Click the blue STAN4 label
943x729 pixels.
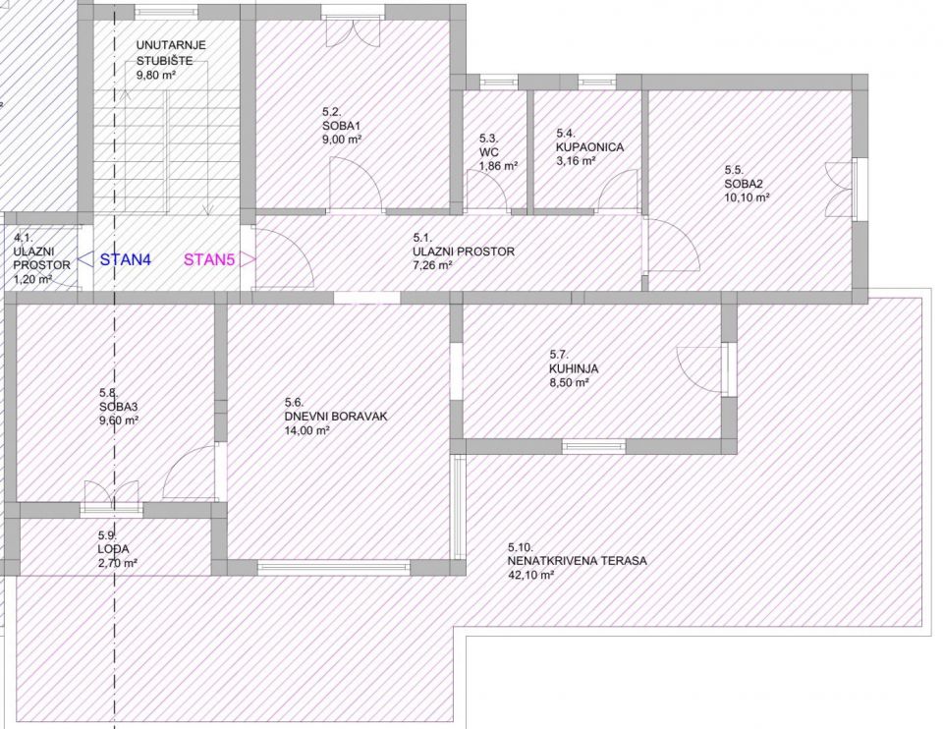[126, 259]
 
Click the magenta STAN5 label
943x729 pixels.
[209, 259]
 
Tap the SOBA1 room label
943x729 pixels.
[341, 126]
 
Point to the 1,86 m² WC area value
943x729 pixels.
[499, 166]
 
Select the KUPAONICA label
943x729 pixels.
[590, 146]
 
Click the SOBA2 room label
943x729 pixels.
[744, 184]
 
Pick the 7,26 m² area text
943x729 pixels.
[433, 265]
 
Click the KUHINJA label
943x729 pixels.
[573, 368]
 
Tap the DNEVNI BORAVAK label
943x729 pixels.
[336, 417]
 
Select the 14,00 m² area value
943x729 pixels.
[306, 430]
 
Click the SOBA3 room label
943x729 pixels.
[119, 407]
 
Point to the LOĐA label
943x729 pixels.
[113, 549]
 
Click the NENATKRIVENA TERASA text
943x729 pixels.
[578, 561]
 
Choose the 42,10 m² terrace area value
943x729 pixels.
[530, 575]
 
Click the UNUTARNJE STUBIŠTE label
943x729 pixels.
[171, 53]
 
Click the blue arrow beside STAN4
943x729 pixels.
[86, 259]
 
